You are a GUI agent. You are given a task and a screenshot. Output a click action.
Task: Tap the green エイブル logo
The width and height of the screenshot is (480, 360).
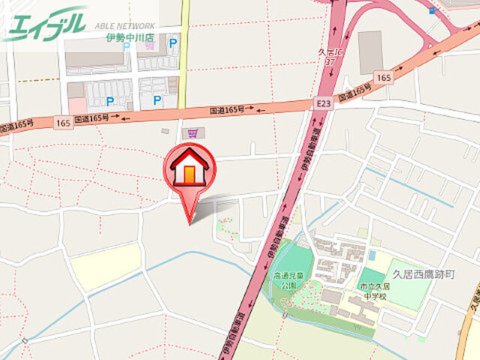[x=45, y=25]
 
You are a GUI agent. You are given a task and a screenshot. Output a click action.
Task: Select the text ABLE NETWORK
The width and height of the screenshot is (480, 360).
[x=124, y=25]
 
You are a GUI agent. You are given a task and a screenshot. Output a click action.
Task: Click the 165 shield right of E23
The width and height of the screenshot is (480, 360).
[x=384, y=77]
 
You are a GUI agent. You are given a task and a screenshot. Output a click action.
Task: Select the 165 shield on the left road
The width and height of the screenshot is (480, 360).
[x=61, y=121]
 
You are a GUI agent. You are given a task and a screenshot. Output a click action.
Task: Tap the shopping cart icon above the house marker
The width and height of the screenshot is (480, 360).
[x=193, y=133]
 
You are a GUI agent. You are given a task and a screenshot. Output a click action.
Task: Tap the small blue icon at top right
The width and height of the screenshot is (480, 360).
[x=433, y=10]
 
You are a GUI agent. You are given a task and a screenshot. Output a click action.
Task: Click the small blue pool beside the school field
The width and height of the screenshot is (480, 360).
[x=371, y=255]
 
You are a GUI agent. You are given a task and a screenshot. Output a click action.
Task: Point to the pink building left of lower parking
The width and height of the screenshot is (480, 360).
[x=76, y=97]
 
